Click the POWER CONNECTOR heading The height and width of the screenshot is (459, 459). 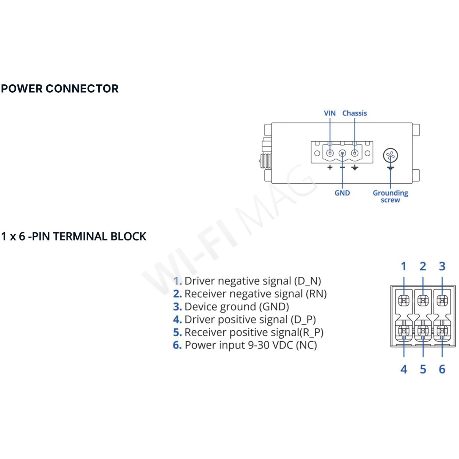pyautogui.click(x=60, y=89)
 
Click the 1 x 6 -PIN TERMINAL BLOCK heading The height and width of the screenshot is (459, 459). pyautogui.click(x=74, y=237)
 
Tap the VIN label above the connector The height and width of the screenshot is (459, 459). pyautogui.click(x=330, y=113)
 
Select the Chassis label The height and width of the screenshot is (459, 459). pyautogui.click(x=355, y=113)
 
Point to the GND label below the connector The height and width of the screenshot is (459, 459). pyautogui.click(x=342, y=193)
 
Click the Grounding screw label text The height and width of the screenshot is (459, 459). pyautogui.click(x=390, y=196)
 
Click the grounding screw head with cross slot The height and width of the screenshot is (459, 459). pyautogui.click(x=390, y=155)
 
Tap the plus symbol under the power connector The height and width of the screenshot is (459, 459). pyautogui.click(x=330, y=167)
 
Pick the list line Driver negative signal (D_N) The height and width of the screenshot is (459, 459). pyautogui.click(x=247, y=281)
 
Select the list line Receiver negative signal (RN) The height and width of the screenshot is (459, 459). pyautogui.click(x=250, y=294)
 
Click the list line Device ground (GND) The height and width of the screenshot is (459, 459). pyautogui.click(x=231, y=307)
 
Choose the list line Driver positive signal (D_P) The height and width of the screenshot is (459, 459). pyautogui.click(x=244, y=320)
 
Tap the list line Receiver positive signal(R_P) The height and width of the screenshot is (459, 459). pyautogui.click(x=248, y=333)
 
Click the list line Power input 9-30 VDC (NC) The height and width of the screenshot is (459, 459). pyautogui.click(x=245, y=345)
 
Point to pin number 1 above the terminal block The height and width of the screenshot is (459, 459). pyautogui.click(x=404, y=267)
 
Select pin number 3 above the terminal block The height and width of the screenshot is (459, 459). pyautogui.click(x=442, y=267)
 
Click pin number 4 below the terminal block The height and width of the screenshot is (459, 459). pyautogui.click(x=404, y=369)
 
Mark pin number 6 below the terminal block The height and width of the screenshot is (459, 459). pyautogui.click(x=442, y=369)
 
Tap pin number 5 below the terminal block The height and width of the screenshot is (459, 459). pyautogui.click(x=423, y=369)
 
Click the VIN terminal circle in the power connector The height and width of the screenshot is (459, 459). pyautogui.click(x=330, y=153)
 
